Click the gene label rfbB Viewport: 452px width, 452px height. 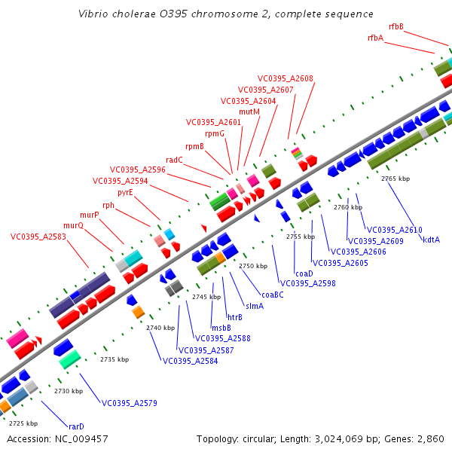click(396, 26)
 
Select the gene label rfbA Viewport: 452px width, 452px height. click(375, 38)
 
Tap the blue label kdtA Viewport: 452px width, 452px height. click(432, 240)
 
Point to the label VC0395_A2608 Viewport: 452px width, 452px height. click(286, 78)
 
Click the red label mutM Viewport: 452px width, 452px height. click(249, 111)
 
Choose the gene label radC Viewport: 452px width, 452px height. click(174, 160)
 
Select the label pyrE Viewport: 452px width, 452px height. click(125, 192)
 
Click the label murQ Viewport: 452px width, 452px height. click(73, 225)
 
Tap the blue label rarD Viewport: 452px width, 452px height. click(76, 426)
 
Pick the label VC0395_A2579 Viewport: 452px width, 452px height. click(130, 403)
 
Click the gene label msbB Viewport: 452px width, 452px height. click(221, 328)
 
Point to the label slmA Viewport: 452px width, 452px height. click(255, 306)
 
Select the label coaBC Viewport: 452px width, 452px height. click(273, 295)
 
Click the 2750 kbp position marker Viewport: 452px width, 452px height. click(253, 266)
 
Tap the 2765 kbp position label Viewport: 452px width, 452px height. click(395, 179)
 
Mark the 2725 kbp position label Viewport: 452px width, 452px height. click(23, 423)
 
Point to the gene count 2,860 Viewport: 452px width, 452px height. click(431, 438)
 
